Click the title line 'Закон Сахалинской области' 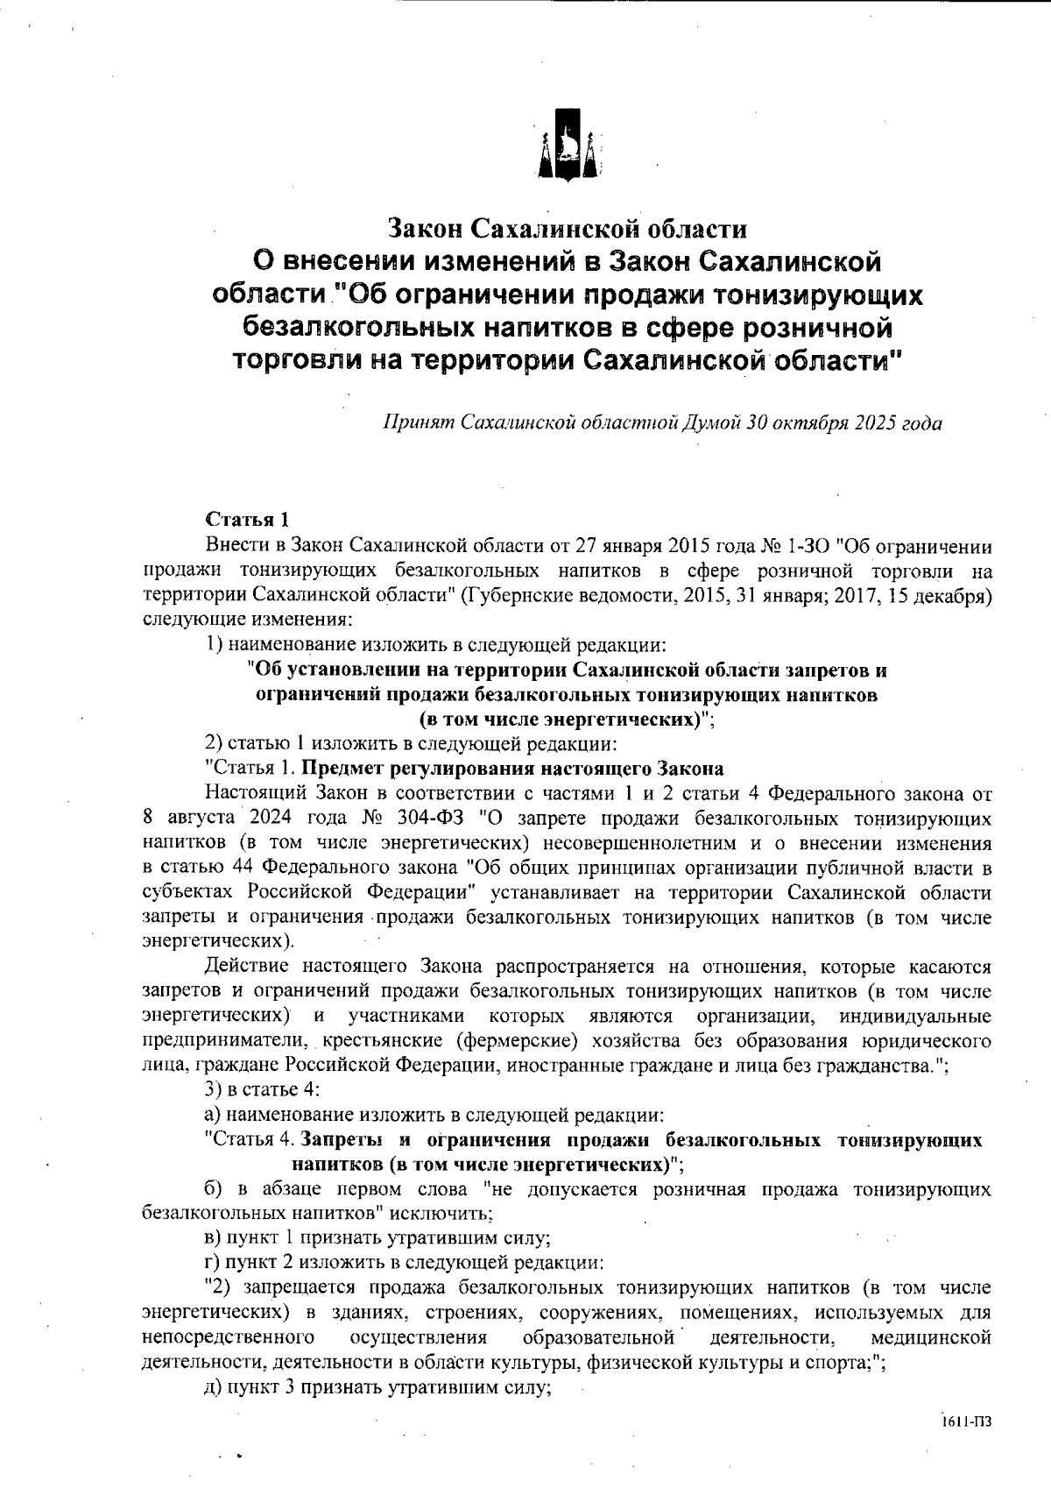[568, 229]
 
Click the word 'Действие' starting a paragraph [244, 968]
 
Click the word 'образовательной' [598, 1337]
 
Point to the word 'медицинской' [931, 1337]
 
